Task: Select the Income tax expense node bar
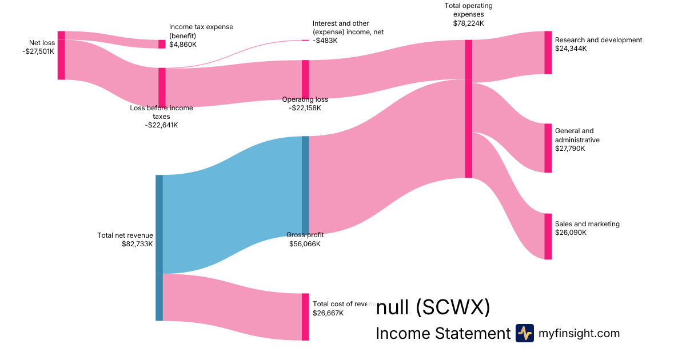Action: point(162,44)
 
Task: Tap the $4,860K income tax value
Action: point(183,43)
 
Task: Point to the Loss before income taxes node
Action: point(162,87)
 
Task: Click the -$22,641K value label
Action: point(161,125)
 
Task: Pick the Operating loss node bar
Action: point(305,79)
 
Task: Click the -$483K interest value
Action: point(325,40)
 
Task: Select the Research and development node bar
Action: point(548,53)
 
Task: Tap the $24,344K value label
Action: point(571,49)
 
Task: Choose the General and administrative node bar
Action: point(548,148)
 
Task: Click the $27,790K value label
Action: point(571,149)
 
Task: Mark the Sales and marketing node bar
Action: point(548,237)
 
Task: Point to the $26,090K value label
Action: point(571,233)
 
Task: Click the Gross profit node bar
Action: point(305,185)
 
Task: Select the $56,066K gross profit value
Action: point(305,244)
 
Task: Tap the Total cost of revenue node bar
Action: point(305,317)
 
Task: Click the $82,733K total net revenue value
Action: point(137,244)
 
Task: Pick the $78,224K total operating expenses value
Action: point(468,23)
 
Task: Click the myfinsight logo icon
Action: point(524,333)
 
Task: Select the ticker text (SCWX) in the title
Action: point(453,308)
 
